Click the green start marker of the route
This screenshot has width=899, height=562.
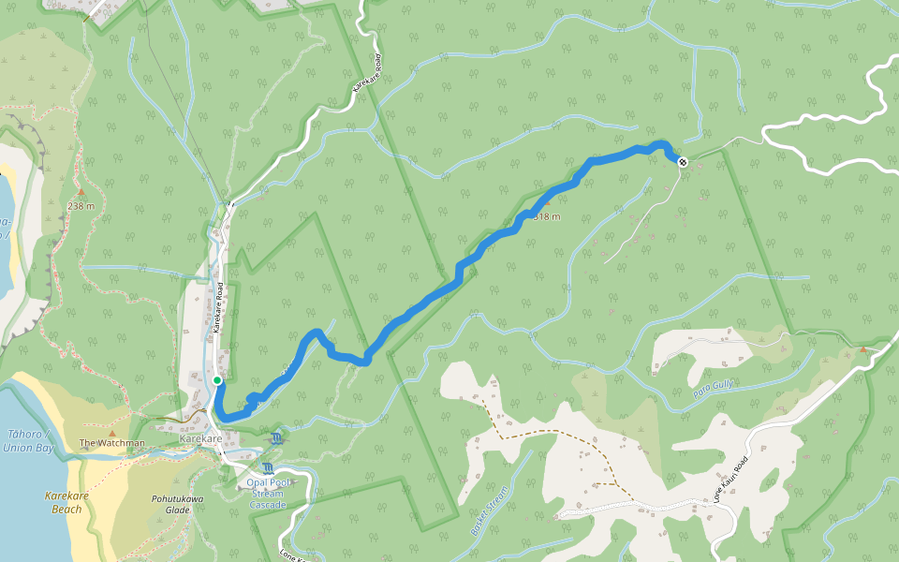(x=217, y=379)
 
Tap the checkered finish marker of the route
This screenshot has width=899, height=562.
(x=683, y=162)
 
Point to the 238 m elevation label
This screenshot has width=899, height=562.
(x=81, y=205)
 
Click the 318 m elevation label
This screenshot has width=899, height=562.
(x=547, y=217)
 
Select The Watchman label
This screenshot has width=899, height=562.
(x=111, y=443)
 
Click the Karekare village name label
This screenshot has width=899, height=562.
(x=200, y=438)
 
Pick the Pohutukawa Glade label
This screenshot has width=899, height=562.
(x=177, y=504)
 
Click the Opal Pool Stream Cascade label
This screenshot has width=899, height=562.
(x=267, y=494)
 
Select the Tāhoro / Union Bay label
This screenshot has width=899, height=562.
(x=27, y=441)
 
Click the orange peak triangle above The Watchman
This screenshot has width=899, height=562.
(x=112, y=432)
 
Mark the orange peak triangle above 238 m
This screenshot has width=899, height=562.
(x=81, y=192)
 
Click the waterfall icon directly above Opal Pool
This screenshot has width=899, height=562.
(x=269, y=467)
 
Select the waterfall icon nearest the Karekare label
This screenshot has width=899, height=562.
(x=277, y=437)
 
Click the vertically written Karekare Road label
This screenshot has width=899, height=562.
(x=216, y=309)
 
